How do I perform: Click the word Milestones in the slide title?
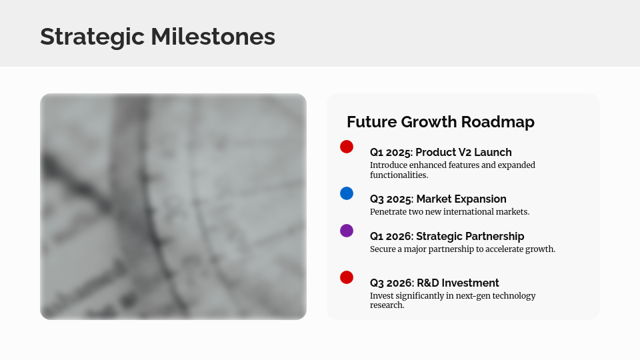[x=213, y=37]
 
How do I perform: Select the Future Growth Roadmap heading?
[x=441, y=122]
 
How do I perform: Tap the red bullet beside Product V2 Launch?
[x=347, y=147]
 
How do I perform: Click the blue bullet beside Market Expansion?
[x=347, y=193]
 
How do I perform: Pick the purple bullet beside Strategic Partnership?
[x=347, y=231]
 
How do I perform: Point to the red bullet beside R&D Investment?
[x=347, y=277]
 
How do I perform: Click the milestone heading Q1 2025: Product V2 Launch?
[x=441, y=152]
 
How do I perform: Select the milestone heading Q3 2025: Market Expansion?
[x=438, y=199]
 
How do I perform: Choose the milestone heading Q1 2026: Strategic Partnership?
[x=447, y=236]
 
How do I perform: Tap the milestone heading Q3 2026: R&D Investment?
[x=434, y=283]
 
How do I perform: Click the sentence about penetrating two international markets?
[x=449, y=211]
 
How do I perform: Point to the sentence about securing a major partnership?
[x=463, y=249]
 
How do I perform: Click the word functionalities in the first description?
[x=399, y=175]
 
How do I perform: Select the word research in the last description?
[x=386, y=305]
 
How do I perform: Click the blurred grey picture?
[x=173, y=207]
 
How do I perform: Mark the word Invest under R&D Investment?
[x=382, y=295]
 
